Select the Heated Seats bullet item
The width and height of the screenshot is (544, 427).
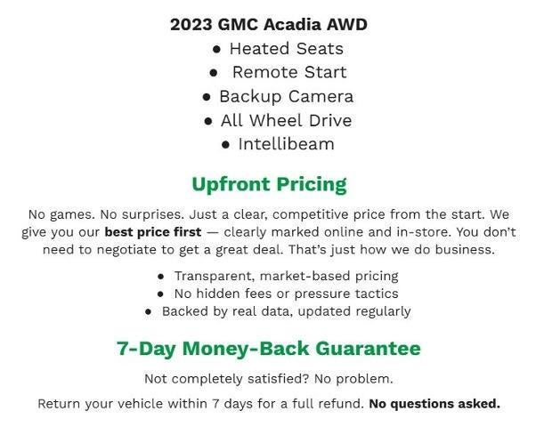[286, 48]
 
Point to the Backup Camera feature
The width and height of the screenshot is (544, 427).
[286, 96]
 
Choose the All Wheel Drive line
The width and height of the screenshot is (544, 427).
[286, 120]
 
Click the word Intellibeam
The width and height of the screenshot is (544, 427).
[286, 144]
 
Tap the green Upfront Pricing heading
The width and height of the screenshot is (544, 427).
[269, 184]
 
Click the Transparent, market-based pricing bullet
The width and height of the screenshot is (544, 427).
[286, 276]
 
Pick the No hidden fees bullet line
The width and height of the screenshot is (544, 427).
[286, 294]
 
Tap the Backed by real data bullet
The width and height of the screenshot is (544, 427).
[286, 311]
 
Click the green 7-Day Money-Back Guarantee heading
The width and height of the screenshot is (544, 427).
[269, 348]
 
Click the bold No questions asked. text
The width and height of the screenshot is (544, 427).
[434, 404]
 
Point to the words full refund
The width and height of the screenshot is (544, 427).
[330, 404]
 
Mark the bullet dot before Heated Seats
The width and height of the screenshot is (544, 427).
[217, 49]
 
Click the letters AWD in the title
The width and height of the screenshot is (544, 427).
[346, 24]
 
